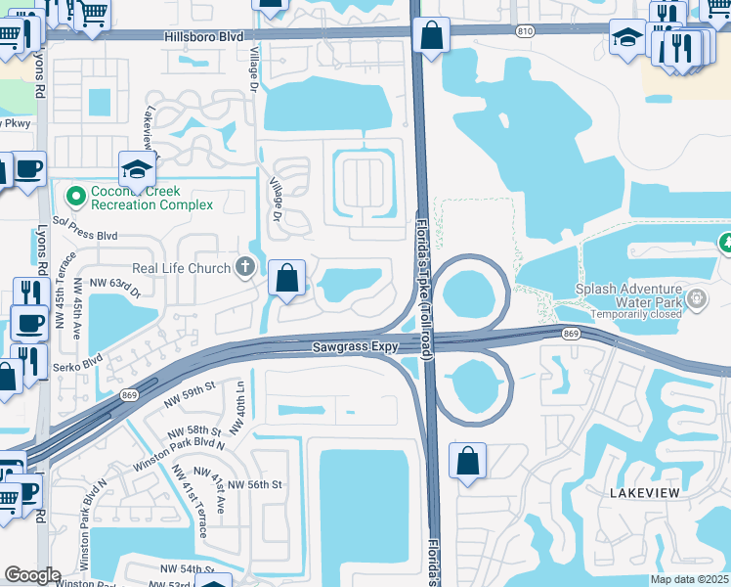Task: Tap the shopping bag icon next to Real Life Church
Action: tap(286, 279)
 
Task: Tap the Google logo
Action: tap(32, 575)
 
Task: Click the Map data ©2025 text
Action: tap(689, 579)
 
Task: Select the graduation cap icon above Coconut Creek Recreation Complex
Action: tap(138, 169)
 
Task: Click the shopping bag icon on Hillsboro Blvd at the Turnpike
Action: tap(430, 36)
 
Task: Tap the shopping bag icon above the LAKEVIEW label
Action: tap(468, 461)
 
